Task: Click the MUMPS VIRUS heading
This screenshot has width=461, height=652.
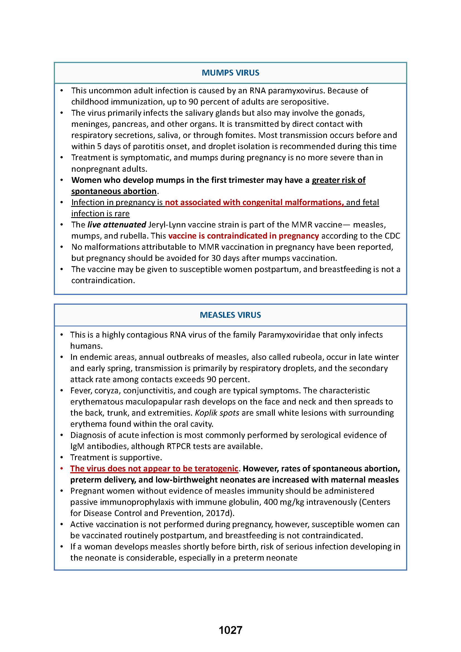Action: [230, 73]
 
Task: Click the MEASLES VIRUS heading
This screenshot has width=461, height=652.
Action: [230, 315]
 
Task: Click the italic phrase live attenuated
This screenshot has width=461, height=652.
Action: [117, 225]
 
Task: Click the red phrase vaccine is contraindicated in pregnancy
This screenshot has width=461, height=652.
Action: [243, 236]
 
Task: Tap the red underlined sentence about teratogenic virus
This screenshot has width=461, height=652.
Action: [154, 469]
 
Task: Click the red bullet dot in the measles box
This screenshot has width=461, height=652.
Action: [62, 469]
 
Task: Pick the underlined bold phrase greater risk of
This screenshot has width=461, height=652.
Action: [338, 180]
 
